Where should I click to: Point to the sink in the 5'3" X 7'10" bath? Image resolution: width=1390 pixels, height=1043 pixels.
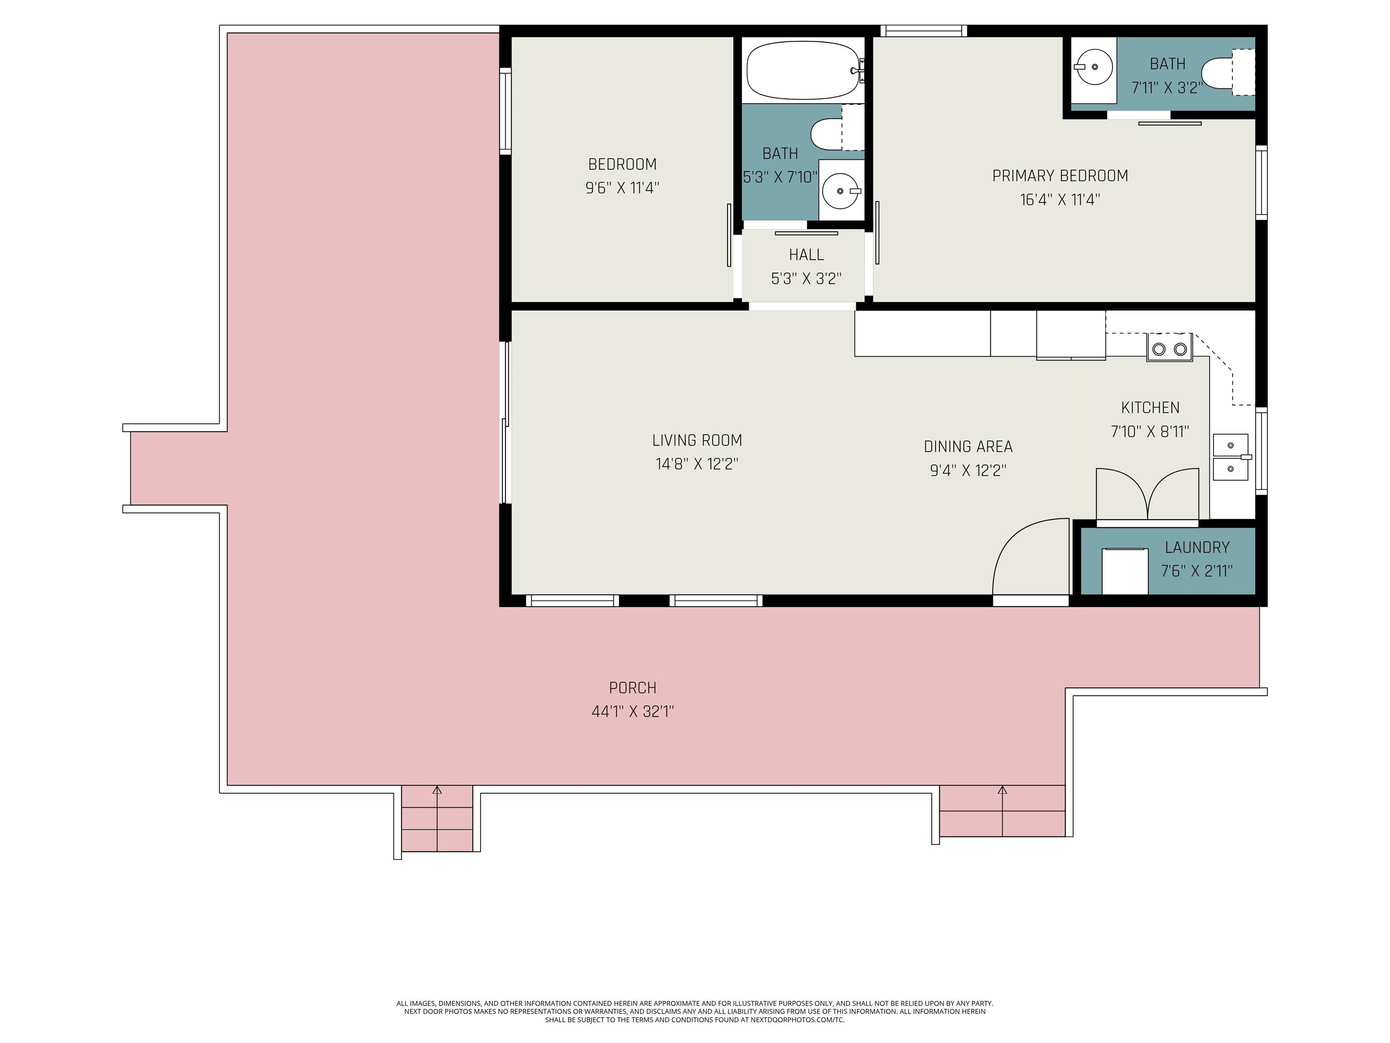[x=841, y=190]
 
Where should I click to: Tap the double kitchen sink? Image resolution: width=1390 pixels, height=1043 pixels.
[x=1230, y=457]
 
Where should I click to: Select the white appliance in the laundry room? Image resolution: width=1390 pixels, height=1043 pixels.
[x=1125, y=571]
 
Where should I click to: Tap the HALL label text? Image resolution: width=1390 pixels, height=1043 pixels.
[x=806, y=254]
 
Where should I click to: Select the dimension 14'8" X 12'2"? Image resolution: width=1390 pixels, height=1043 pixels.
[x=697, y=464]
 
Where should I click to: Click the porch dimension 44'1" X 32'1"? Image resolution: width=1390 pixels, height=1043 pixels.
[x=633, y=712]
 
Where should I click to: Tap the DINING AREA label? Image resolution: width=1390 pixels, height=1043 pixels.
[x=968, y=447]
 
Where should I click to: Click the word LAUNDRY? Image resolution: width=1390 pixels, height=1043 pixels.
[x=1197, y=548]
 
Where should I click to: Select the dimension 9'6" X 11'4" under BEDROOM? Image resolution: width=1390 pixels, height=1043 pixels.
[x=622, y=188]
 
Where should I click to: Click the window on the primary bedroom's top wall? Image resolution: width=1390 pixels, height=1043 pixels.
[x=923, y=31]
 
